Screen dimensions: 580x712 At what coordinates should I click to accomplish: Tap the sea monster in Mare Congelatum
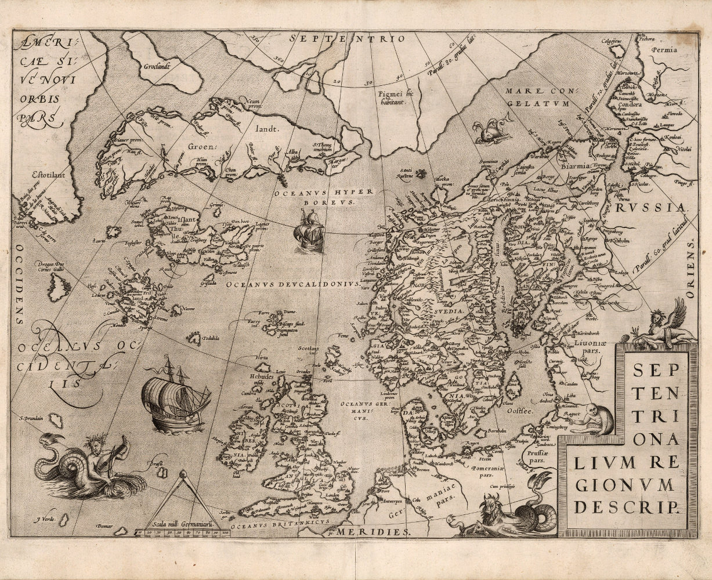point(491,131)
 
